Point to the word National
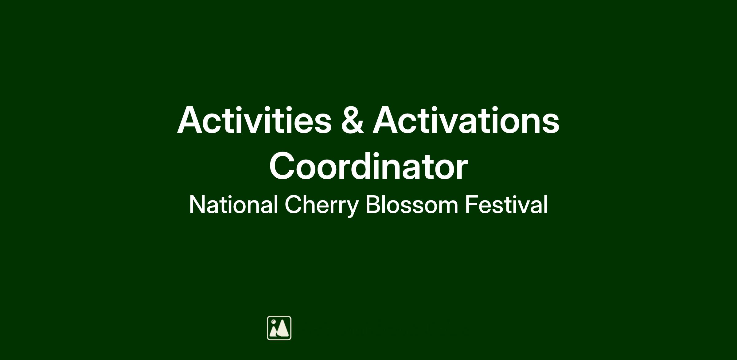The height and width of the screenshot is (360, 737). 233,205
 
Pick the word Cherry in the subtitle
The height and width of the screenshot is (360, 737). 322,206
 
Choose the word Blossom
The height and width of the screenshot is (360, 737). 412,205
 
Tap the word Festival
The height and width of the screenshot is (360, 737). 506,205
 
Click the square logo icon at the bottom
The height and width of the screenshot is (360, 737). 279,328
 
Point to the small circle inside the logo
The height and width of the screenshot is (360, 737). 273,322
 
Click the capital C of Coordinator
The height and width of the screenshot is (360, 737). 282,166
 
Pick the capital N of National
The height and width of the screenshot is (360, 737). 197,205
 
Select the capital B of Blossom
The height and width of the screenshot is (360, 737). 373,205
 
